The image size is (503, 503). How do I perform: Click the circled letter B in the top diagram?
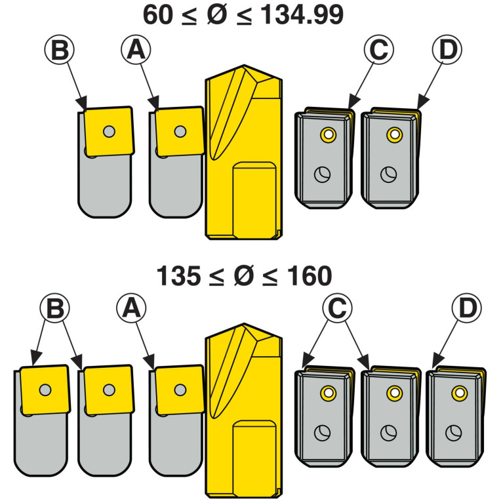click(x=60, y=51)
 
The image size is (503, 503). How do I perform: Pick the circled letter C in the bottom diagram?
click(x=338, y=310)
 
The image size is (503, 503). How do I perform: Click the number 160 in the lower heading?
click(x=308, y=276)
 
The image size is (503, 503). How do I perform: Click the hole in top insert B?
click(x=109, y=131)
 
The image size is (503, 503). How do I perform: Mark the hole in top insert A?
click(x=180, y=131)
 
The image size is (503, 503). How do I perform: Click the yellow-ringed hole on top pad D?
click(x=393, y=135)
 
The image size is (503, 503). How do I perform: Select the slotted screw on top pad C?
click(x=321, y=174)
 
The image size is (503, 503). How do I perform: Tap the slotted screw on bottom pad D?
click(x=453, y=433)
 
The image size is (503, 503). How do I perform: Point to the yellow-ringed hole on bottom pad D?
click(x=459, y=393)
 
